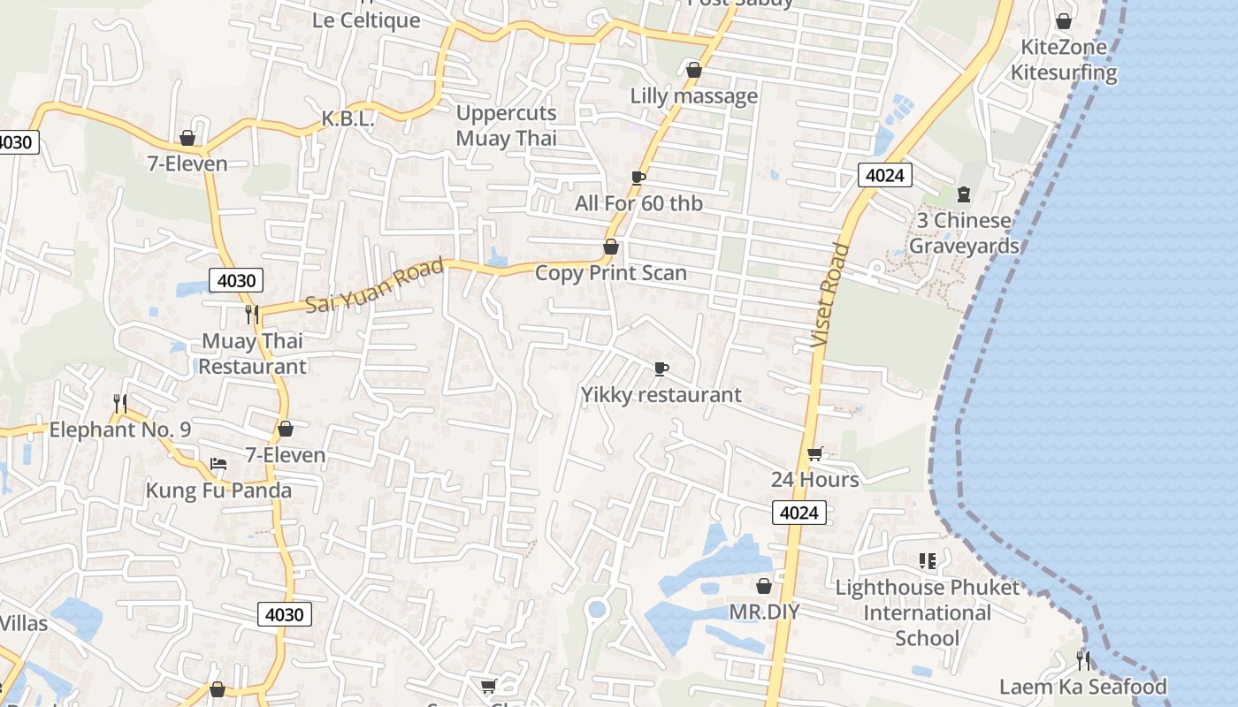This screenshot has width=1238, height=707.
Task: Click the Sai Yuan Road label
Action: [375, 285]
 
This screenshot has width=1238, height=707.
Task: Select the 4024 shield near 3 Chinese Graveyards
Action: [884, 175]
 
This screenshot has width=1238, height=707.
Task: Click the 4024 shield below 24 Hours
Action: [799, 513]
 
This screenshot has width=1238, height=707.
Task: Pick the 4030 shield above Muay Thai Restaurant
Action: [236, 281]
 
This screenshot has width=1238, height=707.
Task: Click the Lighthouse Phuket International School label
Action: [927, 612]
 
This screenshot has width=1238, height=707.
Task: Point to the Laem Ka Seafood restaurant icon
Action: [1082, 660]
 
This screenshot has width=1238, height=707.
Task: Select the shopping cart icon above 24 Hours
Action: [814, 453]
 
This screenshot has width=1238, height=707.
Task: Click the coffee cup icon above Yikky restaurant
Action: [661, 369]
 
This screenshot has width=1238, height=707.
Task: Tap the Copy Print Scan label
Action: [611, 273]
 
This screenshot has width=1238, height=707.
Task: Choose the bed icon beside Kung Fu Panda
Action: [218, 463]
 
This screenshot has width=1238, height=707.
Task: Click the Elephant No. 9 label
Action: [120, 430]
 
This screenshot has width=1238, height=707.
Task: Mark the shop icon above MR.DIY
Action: [764, 586]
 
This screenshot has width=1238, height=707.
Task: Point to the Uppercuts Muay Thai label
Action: [506, 125]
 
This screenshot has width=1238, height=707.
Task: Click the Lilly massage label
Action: [693, 95]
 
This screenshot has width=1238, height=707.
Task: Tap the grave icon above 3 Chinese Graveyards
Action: [964, 194]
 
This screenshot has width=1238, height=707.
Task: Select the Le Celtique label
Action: [366, 19]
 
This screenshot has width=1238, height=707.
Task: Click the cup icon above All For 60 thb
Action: [638, 178]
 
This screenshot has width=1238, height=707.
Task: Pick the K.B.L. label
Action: [348, 118]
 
